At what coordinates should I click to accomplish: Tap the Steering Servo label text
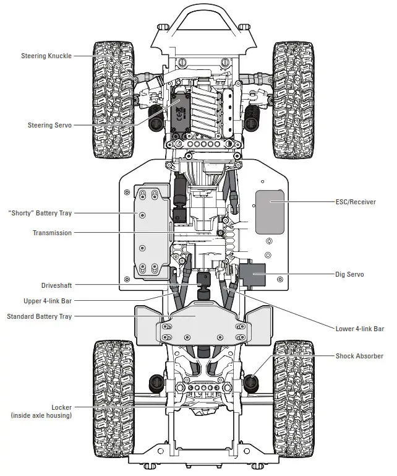coord(49,125)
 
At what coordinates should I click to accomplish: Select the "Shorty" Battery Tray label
coord(40,213)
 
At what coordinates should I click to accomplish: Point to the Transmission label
coord(52,233)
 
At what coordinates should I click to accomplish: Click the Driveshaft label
coord(56,286)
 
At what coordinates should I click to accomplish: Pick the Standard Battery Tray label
coord(39,316)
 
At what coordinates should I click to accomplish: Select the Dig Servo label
coord(349,274)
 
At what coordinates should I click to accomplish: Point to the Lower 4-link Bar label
coord(360,329)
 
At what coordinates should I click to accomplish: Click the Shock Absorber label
coord(359,356)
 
